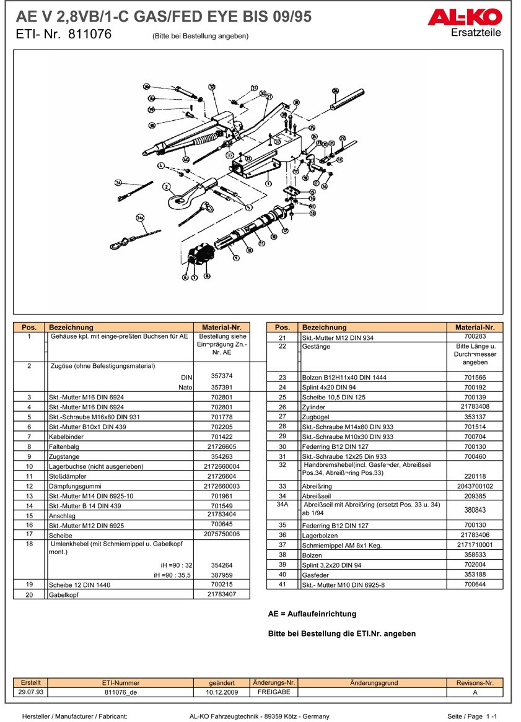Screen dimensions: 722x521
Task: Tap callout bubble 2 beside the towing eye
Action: click(166, 186)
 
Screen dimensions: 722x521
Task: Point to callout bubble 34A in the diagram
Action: click(140, 217)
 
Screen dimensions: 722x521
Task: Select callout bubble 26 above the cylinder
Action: click(335, 91)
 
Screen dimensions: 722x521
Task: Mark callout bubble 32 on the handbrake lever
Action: click(211, 87)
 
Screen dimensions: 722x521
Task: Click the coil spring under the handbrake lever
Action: click(207, 138)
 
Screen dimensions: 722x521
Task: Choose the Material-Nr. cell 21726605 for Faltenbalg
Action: click(221, 446)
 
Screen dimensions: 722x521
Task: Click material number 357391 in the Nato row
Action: click(221, 386)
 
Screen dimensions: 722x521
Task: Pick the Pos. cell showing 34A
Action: click(282, 505)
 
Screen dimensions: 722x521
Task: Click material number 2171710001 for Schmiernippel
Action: click(475, 545)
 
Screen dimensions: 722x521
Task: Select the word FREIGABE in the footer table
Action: click(274, 692)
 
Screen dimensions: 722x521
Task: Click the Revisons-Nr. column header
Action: click(475, 682)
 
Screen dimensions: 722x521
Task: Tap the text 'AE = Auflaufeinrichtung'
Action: click(312, 614)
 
